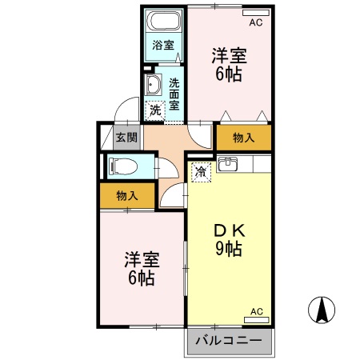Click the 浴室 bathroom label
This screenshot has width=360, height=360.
click(x=163, y=46)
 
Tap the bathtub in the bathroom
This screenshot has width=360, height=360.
click(x=165, y=22)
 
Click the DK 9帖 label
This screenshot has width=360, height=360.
click(x=228, y=239)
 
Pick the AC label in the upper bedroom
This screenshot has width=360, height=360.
click(x=255, y=23)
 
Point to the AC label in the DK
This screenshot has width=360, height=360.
click(x=256, y=310)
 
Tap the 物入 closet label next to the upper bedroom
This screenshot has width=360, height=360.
click(x=243, y=138)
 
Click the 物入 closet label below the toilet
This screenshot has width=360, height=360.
click(x=126, y=195)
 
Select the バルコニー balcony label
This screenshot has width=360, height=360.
click(x=229, y=341)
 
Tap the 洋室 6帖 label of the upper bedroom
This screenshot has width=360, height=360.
click(x=229, y=65)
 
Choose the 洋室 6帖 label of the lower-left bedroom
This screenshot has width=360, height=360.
click(x=141, y=269)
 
